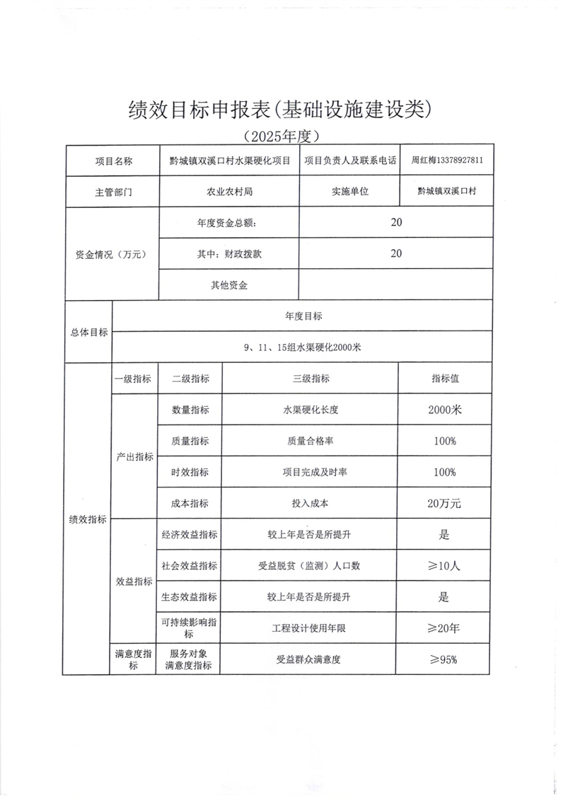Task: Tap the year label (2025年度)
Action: [281, 134]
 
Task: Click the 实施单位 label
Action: [351, 191]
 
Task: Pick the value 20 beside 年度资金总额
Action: [395, 222]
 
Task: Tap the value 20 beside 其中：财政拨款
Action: [395, 253]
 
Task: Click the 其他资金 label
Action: [229, 285]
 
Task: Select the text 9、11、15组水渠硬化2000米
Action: [302, 347]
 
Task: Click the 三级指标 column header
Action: [310, 379]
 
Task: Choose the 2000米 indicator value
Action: [445, 410]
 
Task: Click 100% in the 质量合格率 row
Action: [445, 441]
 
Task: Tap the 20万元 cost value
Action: [445, 504]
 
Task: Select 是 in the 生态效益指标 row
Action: [444, 597]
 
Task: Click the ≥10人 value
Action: [445, 566]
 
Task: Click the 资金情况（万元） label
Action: [110, 254]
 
